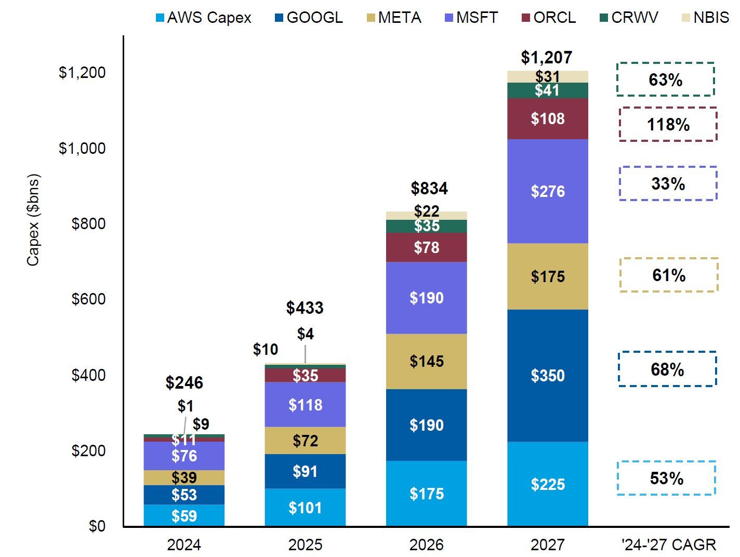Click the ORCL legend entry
549,18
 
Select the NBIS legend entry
705,18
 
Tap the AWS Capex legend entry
203,18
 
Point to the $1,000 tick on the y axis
82,148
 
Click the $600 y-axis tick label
88,299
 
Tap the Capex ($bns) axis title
33,220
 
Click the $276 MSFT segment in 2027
548,191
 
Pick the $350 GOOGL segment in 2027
548,375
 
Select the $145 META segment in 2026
427,361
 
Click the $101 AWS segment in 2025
305,507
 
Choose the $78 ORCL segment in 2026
427,247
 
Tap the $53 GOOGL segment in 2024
184,495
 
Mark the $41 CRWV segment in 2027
548,90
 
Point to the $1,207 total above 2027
547,57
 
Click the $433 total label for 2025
305,308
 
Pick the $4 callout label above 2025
305,334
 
